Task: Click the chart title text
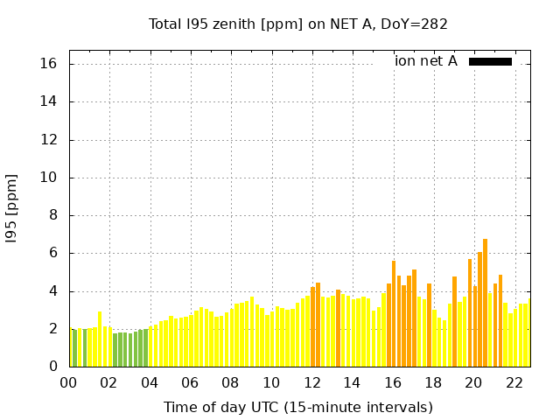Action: coord(298,24)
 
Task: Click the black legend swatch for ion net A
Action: coord(490,61)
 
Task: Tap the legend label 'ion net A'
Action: coord(425,61)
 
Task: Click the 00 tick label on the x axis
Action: coord(68,382)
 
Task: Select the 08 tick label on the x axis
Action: coord(230,382)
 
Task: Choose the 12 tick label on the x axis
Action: coord(311,382)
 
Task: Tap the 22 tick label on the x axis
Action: coord(514,382)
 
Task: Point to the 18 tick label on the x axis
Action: coord(433,382)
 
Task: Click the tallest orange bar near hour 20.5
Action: coord(485,303)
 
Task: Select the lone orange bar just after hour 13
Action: coord(338,328)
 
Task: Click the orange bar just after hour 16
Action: coord(394,313)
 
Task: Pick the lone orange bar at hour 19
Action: coord(454,321)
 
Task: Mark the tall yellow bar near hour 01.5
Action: coord(100,339)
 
